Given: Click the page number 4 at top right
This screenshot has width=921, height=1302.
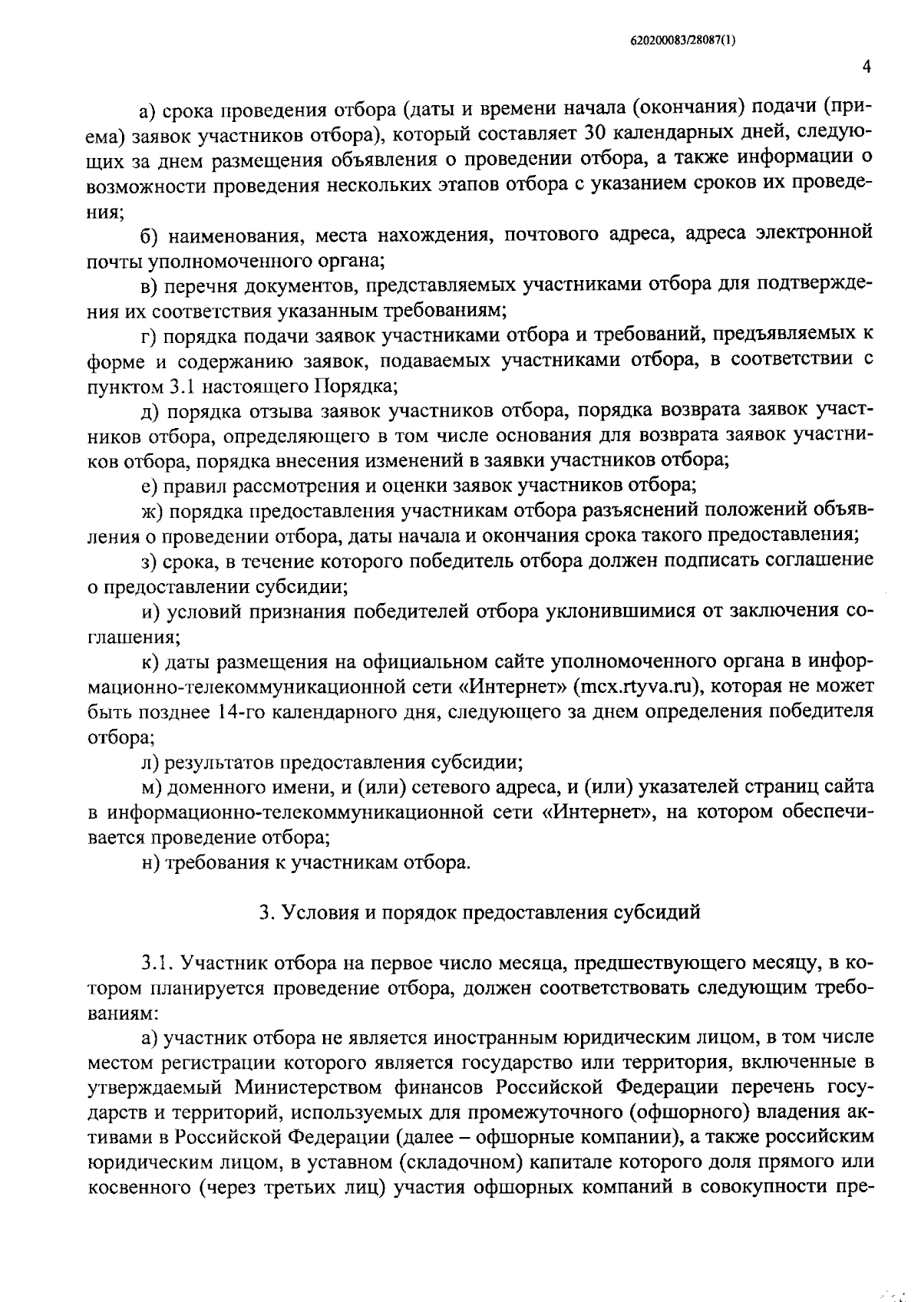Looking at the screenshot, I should [x=867, y=67].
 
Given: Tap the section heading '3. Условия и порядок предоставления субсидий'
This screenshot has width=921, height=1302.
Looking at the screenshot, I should [x=480, y=912].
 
